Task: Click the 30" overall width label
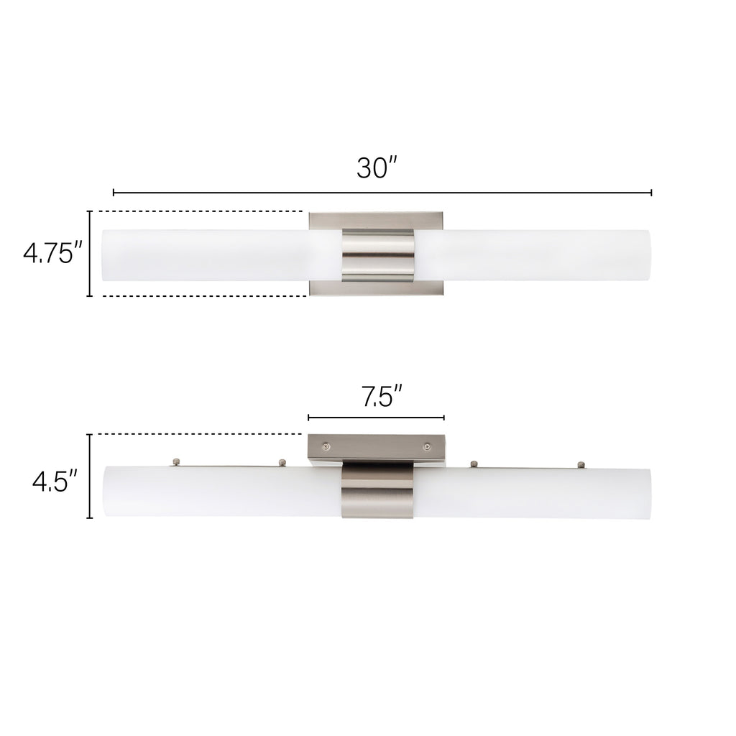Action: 377,167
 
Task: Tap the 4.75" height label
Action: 54,254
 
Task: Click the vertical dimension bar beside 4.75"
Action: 90,254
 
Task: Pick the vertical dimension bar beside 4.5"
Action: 90,476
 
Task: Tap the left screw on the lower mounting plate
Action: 326,446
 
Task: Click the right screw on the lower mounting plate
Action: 427,446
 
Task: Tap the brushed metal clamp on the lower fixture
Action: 377,494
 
